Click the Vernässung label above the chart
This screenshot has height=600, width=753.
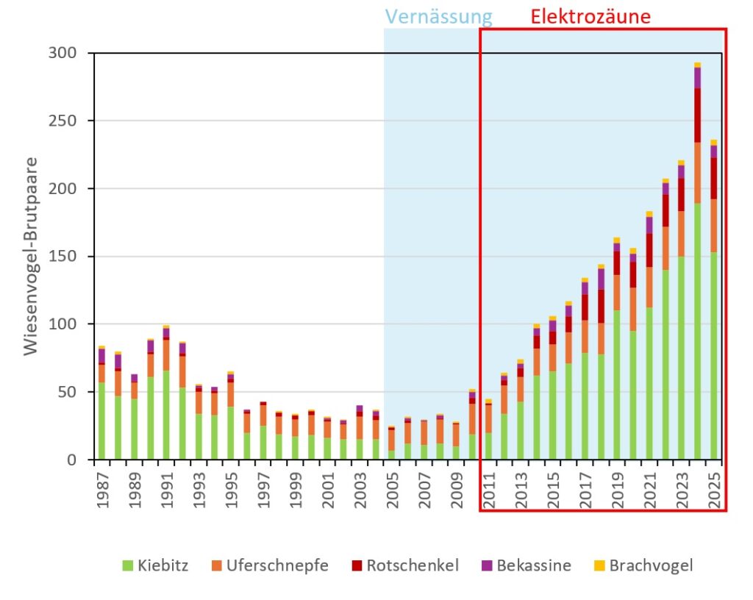439,17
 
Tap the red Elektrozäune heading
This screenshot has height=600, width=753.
590,17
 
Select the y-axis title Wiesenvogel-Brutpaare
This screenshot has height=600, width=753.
30,256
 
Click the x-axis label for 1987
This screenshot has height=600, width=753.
101,488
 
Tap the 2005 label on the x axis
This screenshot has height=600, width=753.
392,488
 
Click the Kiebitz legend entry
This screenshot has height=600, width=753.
157,565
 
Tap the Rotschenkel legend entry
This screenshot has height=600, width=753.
404,565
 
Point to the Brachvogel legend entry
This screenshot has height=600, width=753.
643,565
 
